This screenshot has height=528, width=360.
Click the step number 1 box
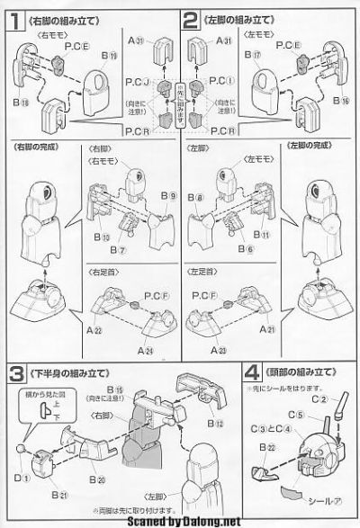pyautogui.click(x=13, y=17)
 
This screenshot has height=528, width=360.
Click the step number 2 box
pyautogui.click(x=190, y=17)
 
